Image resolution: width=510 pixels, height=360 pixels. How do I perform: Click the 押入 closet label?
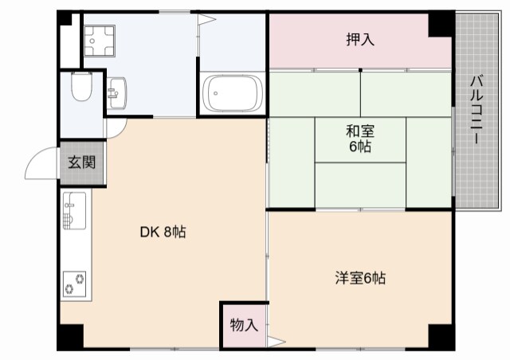point(360,39)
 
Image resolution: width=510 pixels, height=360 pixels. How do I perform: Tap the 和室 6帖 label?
point(360,138)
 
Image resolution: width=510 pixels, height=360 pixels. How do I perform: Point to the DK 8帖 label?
point(163,233)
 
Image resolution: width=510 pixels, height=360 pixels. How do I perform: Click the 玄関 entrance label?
point(80,163)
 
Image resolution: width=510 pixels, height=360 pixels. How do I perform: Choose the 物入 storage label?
point(243,324)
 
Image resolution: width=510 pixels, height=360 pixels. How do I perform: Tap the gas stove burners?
point(75,281)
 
